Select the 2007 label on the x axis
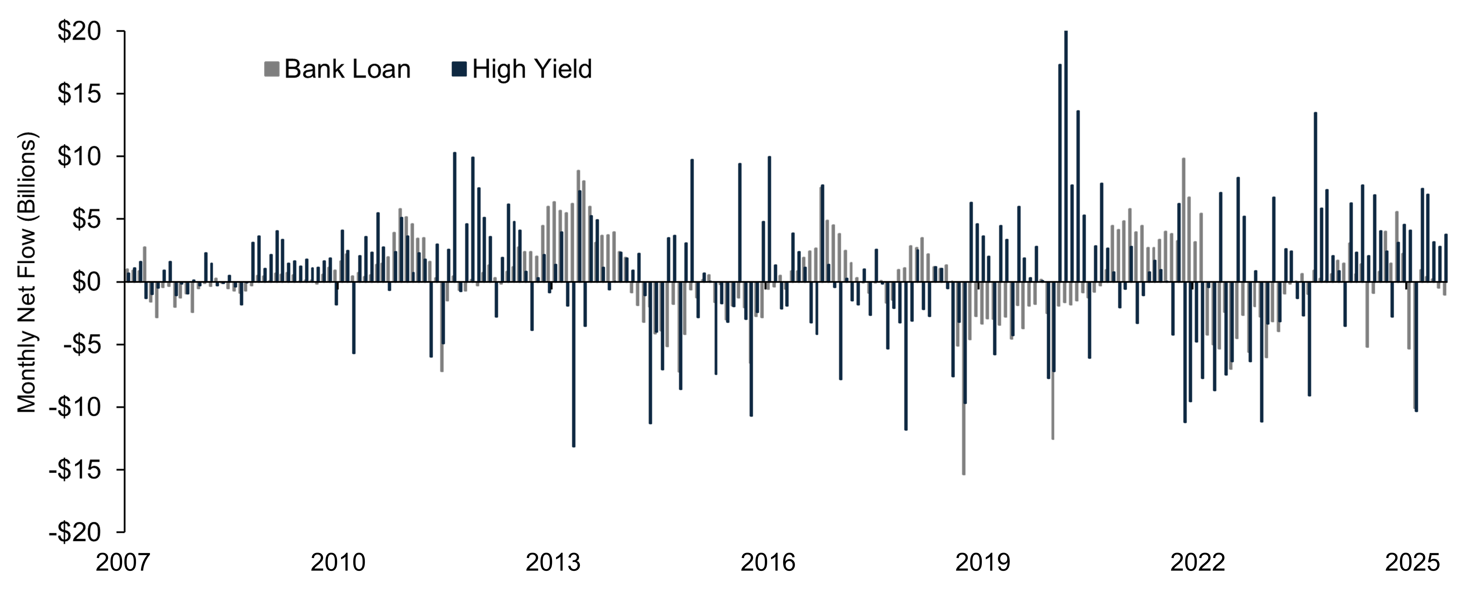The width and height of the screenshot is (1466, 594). coord(123,563)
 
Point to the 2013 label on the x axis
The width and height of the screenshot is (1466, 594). coord(553,563)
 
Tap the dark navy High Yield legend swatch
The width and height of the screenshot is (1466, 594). coord(459,69)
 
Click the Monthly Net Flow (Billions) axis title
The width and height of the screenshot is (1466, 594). coord(27,272)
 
